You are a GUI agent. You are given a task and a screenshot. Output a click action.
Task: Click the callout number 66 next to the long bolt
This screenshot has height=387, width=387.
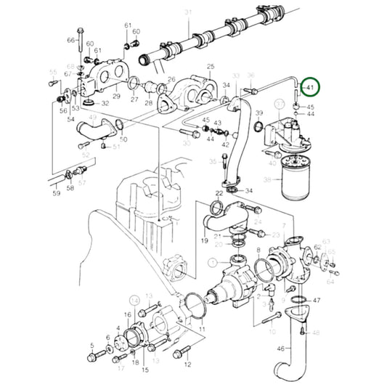point(71,40)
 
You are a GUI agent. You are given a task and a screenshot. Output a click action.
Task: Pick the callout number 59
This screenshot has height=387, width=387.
point(56,193)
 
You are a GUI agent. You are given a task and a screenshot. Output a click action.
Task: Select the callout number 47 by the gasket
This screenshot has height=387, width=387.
point(316,300)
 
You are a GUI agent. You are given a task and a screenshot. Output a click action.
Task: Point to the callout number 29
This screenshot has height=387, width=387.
point(115,97)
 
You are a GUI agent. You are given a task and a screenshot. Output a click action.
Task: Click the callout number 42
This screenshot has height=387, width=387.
point(225,145)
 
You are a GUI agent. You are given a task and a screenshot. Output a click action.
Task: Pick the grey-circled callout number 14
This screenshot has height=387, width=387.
point(134,298)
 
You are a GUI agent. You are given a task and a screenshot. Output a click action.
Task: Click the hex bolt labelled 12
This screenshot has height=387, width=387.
point(179,354)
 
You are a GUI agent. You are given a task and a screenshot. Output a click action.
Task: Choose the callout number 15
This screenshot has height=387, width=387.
point(145,370)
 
